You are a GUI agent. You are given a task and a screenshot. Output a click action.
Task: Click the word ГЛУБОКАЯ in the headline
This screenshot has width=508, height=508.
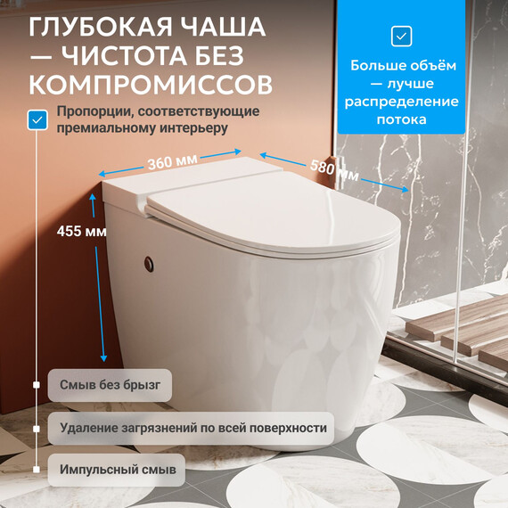(101, 28)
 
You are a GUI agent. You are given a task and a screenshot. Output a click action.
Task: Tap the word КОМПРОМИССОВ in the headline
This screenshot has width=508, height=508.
(151, 85)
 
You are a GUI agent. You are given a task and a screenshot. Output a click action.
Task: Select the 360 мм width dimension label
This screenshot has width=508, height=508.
(172, 161)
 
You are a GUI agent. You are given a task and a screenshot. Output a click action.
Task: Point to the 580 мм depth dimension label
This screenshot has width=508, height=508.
(334, 170)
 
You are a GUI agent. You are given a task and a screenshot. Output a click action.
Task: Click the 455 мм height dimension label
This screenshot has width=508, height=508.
(82, 232)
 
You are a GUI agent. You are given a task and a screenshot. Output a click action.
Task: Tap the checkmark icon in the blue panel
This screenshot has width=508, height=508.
(401, 37)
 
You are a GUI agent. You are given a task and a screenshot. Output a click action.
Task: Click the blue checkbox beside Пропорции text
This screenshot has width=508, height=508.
(37, 120)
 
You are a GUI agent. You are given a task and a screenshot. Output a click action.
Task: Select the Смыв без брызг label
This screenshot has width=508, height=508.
(110, 385)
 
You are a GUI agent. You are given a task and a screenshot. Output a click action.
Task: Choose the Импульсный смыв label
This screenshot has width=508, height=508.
(117, 470)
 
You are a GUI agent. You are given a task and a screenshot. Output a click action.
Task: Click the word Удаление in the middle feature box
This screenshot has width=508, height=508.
(88, 428)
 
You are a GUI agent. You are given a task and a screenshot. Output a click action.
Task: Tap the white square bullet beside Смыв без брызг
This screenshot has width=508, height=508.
(37, 385)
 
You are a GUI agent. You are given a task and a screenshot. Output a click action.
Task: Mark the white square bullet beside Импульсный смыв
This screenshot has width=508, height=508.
(37, 470)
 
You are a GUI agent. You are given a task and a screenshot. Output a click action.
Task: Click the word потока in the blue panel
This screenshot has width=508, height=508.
(401, 119)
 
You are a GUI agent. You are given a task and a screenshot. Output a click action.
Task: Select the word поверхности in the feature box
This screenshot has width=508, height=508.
(288, 429)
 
